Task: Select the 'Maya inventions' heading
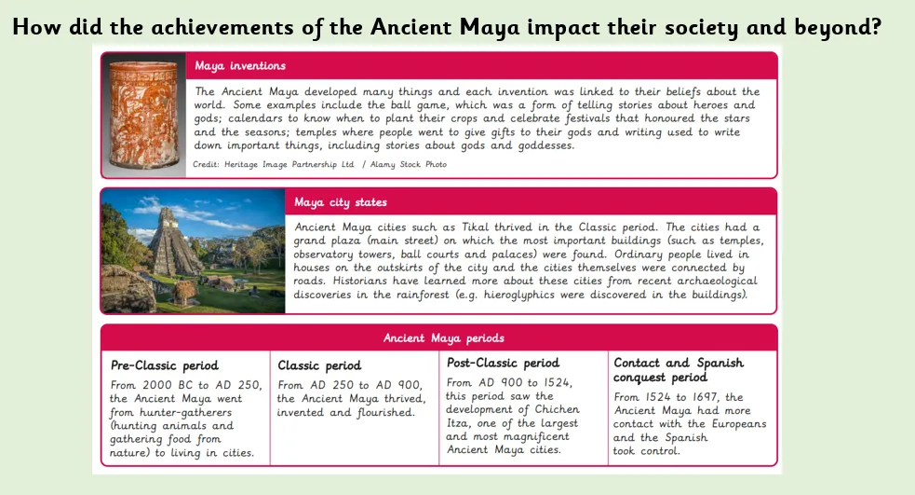point(240,66)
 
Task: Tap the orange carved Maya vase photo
point(143,114)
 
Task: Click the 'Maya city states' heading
point(340,202)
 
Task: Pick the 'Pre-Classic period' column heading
point(165,364)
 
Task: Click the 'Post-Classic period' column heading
point(503,363)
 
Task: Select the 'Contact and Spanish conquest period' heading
point(679,369)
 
